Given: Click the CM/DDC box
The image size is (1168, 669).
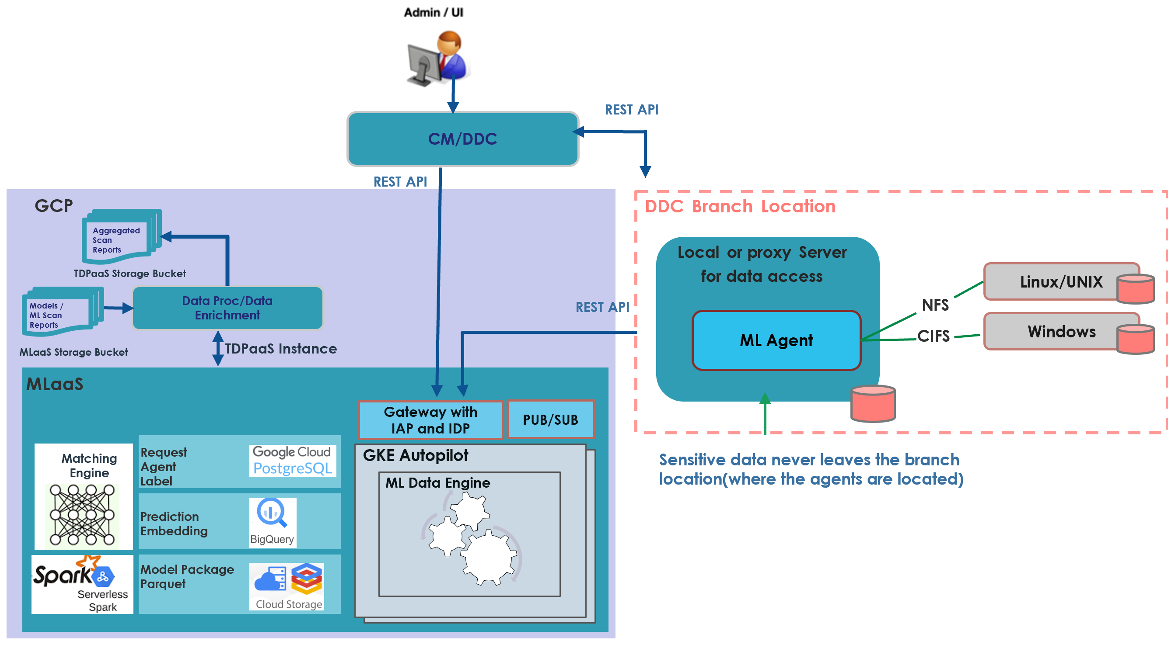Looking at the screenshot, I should click(462, 139).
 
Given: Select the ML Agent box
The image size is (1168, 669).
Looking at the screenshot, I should click(776, 340).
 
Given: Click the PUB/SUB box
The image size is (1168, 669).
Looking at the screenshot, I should click(550, 420).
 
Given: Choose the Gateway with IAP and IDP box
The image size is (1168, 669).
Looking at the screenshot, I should click(431, 420).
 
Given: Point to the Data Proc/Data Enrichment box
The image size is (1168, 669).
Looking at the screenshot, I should click(227, 308).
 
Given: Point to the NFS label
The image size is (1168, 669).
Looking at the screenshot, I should click(935, 305).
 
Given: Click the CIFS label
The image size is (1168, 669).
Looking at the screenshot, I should click(934, 336).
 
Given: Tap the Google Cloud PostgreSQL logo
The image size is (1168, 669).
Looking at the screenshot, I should click(293, 461).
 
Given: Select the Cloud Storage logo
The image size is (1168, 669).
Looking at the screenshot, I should click(287, 586).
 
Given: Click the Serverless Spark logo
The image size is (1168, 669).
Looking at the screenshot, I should click(82, 584).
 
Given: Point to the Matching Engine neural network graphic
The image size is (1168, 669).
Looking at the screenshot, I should click(82, 515).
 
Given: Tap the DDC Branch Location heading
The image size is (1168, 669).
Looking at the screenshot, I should click(740, 206).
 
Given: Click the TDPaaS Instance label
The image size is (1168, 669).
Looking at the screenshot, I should click(280, 349).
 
